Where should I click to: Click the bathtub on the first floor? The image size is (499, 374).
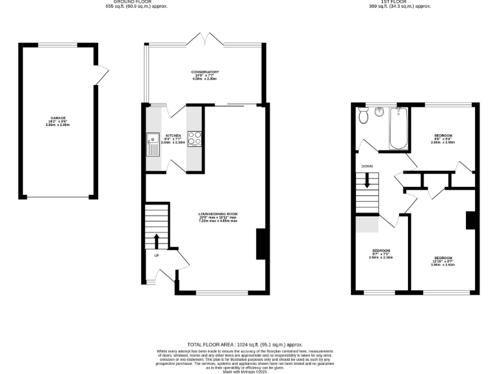398,128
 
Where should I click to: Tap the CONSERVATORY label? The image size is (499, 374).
205,72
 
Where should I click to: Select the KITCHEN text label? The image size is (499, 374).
173,136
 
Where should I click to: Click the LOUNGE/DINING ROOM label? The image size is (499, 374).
218,214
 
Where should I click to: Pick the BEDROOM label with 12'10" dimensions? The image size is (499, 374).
443,258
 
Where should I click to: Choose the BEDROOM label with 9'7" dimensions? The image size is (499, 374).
381,251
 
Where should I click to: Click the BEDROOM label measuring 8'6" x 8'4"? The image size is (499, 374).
443,135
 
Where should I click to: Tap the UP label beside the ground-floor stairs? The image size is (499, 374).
157,255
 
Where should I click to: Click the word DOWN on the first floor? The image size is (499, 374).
367,166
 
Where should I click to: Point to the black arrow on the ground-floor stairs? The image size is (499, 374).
156,240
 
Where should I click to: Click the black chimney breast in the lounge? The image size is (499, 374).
261,244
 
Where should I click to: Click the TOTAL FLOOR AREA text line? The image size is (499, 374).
245,345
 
